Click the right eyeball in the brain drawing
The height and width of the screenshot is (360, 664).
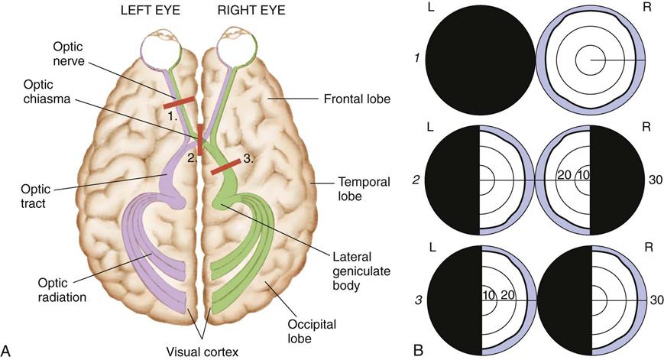tap(232, 51)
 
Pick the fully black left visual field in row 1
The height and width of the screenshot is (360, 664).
tap(480, 60)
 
